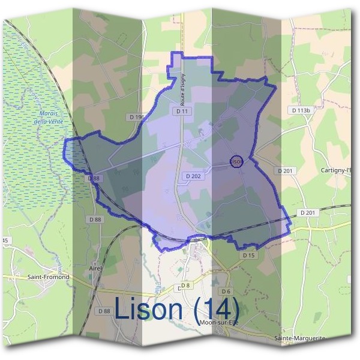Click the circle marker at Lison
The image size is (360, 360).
(236, 162)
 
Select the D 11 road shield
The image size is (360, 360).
(182, 111)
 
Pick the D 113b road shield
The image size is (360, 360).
(302, 110)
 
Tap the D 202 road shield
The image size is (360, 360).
(193, 176)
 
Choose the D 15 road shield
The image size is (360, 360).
(250, 255)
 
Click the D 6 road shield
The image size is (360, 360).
(226, 291)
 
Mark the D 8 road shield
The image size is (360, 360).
(185, 285)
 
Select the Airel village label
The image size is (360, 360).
(95, 268)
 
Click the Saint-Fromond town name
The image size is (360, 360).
(49, 277)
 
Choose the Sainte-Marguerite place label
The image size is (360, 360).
(300, 338)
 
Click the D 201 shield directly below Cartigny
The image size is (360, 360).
(287, 171)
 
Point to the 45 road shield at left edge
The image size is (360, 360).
(5, 241)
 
